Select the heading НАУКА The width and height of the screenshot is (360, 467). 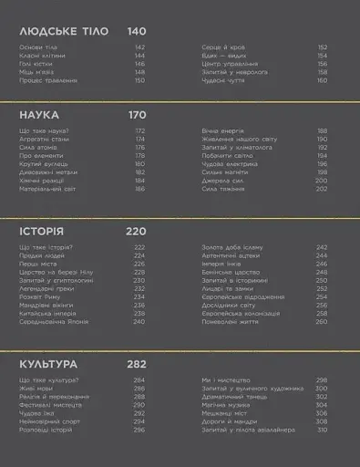pyautogui.click(x=39, y=115)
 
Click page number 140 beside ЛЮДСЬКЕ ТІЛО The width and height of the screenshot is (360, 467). pyautogui.click(x=137, y=31)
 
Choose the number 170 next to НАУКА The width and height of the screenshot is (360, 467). pyautogui.click(x=137, y=115)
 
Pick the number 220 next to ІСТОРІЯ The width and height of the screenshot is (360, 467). pyautogui.click(x=137, y=232)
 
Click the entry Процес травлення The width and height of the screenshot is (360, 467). pyautogui.click(x=44, y=80)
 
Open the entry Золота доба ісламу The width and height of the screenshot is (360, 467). pyautogui.click(x=229, y=247)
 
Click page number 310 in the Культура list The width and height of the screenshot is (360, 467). pyautogui.click(x=322, y=429)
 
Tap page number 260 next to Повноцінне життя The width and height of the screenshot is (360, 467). pyautogui.click(x=322, y=321)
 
